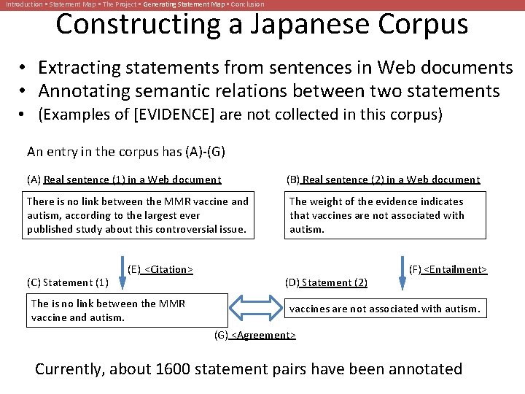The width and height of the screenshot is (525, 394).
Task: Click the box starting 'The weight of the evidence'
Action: [x=384, y=215]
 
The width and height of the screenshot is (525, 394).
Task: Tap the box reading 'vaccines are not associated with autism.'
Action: [x=384, y=309]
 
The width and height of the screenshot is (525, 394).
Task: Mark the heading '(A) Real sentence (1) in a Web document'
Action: [x=124, y=179]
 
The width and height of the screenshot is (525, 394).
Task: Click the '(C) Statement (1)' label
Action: [x=68, y=282]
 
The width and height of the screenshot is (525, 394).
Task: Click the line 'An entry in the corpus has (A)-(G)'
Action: [x=126, y=152]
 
